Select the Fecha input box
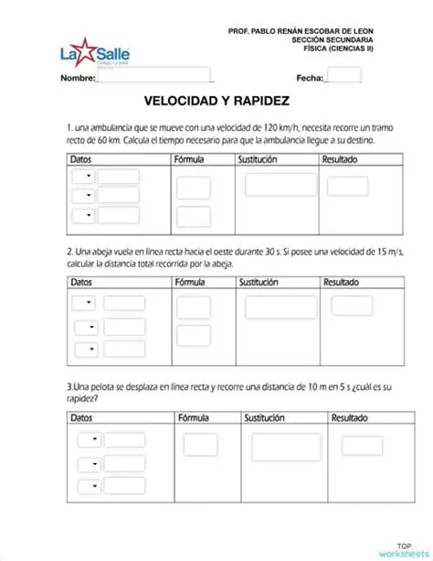pos(343,76)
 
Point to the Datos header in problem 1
pos(81,158)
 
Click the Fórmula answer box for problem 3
pos(200,444)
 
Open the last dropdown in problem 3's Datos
pos(89,487)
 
